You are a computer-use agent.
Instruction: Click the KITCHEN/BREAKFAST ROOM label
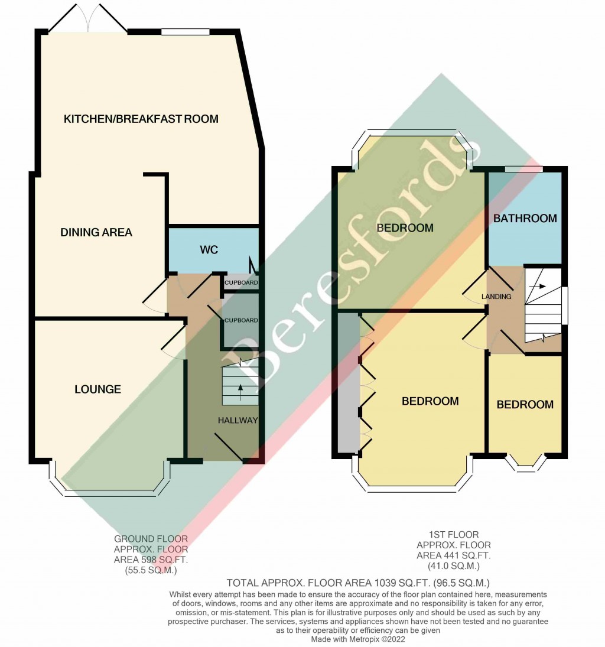141,119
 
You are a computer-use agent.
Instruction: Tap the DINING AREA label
96,232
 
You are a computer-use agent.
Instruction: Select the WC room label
209,250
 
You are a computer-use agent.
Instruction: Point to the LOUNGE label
97,389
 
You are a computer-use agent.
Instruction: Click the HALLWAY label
238,421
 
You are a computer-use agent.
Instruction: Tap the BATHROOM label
525,218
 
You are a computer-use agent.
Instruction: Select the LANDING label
496,297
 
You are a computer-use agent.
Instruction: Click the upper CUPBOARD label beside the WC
240,283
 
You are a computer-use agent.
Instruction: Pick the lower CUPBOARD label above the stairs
240,320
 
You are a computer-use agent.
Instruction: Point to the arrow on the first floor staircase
538,285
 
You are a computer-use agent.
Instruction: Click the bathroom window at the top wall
524,170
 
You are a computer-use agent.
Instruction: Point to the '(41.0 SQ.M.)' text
454,566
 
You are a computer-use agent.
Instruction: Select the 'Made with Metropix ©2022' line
358,639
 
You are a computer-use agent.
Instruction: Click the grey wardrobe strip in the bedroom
349,384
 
